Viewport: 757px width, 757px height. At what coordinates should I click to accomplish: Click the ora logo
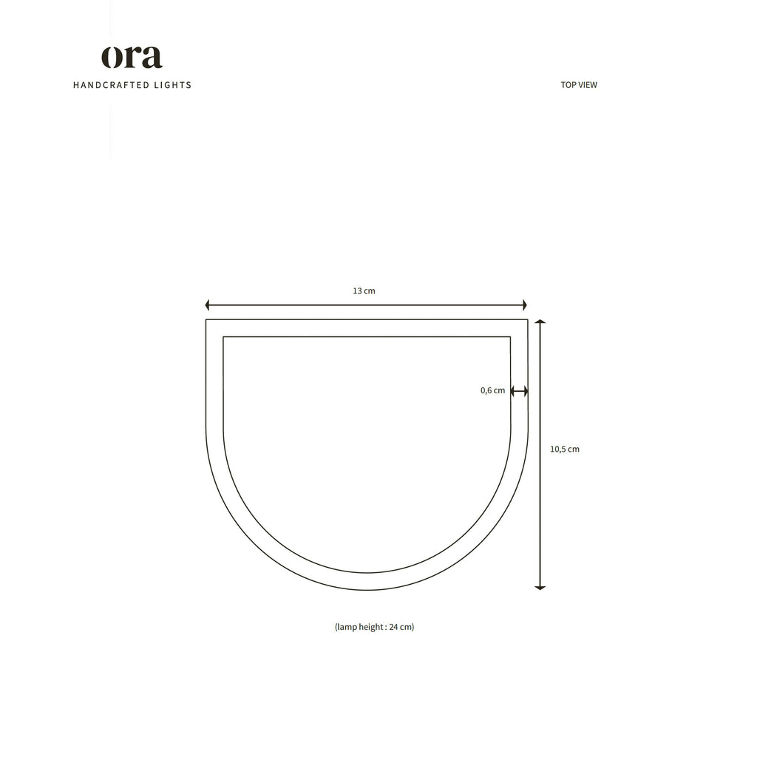tap(132, 58)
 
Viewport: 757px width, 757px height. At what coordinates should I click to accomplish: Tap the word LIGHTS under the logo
tap(172, 85)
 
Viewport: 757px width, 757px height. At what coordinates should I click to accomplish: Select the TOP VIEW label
tap(579, 85)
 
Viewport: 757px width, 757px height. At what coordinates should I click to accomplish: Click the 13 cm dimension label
tap(364, 291)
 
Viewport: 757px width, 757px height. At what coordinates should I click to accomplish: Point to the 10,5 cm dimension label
tap(565, 449)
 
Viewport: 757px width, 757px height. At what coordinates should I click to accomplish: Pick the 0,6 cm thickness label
tap(492, 390)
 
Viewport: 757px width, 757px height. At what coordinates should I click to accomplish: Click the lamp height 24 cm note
tap(374, 627)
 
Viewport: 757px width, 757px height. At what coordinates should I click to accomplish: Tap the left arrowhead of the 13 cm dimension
tap(208, 305)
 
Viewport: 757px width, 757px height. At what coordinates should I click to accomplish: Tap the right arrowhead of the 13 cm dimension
tap(524, 305)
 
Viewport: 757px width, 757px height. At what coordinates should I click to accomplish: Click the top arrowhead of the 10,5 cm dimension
tap(540, 322)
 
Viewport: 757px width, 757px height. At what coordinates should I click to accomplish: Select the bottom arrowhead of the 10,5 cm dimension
tap(540, 587)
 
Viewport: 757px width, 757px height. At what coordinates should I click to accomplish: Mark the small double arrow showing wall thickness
tap(519, 391)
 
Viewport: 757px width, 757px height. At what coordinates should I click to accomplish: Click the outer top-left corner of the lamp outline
tap(206, 320)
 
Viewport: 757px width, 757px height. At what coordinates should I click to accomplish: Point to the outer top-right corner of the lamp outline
tap(528, 320)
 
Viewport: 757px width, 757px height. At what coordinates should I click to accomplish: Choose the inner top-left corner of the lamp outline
tap(223, 337)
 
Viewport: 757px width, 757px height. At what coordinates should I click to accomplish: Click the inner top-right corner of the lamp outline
tap(510, 337)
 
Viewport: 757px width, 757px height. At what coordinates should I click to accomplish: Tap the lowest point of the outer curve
tap(367, 590)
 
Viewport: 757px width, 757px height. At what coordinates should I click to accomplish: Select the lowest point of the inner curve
tap(367, 573)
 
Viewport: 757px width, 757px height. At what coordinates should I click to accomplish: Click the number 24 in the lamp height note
tap(393, 627)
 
